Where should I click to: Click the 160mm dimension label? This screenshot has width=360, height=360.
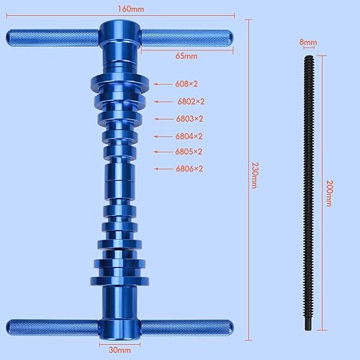[x=120, y=9]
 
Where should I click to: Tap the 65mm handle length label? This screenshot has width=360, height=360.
[x=187, y=55]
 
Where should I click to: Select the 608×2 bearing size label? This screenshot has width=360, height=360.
[x=186, y=84]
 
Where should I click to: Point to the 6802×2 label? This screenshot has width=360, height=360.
[x=191, y=102]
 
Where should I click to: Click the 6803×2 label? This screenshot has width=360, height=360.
[x=189, y=119]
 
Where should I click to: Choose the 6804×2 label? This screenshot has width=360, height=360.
[x=189, y=136]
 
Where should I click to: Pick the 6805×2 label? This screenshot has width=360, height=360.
[x=189, y=151]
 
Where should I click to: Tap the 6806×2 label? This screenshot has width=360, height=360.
[x=189, y=168]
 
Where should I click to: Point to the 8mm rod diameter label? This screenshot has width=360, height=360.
[x=307, y=43]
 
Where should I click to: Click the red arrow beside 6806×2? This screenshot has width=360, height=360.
[x=162, y=169]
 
